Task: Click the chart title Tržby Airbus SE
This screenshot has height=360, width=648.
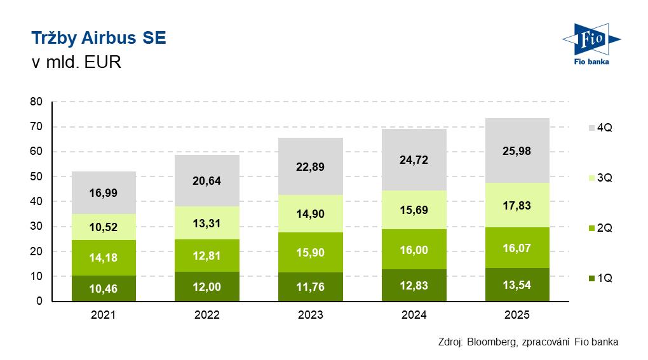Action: pyautogui.click(x=98, y=39)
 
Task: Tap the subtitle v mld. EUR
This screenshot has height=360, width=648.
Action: pyautogui.click(x=76, y=63)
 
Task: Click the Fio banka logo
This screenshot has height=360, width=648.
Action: pyautogui.click(x=591, y=44)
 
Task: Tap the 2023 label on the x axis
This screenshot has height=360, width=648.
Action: pyautogui.click(x=311, y=315)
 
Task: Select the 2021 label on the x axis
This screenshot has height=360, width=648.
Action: pyautogui.click(x=104, y=315)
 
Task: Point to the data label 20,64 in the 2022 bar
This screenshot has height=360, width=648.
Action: pyautogui.click(x=207, y=180)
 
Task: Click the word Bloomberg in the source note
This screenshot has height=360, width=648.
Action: pyautogui.click(x=491, y=342)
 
